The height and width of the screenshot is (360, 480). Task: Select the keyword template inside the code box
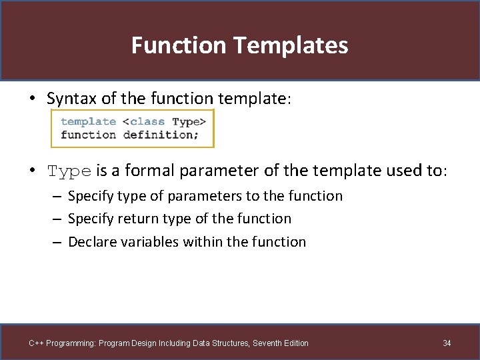88,121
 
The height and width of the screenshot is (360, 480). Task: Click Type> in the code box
189,121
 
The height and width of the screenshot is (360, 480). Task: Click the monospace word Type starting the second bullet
69,172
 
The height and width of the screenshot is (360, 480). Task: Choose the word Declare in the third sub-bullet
92,242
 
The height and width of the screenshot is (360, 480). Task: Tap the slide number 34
447,343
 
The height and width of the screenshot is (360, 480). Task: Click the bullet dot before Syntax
32,99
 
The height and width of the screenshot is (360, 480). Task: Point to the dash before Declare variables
59,243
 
